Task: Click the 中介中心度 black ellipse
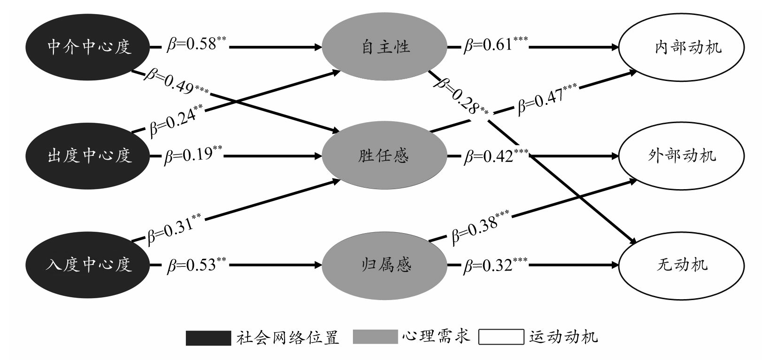click(88, 47)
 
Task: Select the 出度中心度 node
click(88, 155)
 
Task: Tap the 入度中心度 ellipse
click(88, 265)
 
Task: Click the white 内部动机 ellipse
click(681, 47)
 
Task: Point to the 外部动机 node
click(681, 155)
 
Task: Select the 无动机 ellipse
click(681, 265)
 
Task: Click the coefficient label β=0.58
click(196, 44)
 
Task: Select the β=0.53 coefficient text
click(196, 264)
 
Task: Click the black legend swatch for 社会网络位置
click(208, 338)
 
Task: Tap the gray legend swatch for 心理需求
click(375, 338)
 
